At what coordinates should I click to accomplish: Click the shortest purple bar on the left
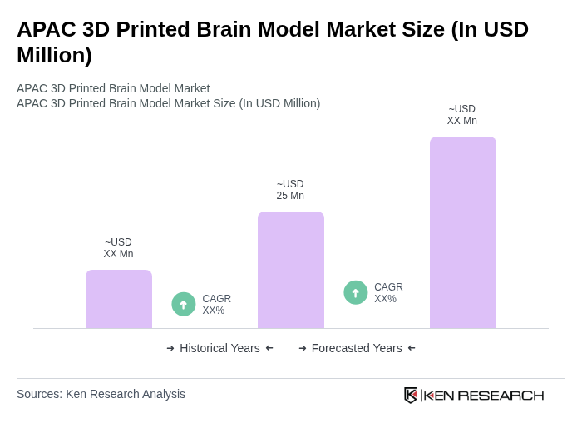tap(119, 299)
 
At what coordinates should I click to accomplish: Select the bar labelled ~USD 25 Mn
tap(291, 270)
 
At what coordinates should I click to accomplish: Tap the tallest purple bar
tap(463, 232)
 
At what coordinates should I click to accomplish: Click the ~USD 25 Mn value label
tap(290, 190)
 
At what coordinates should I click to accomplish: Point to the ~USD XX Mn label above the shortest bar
tap(118, 248)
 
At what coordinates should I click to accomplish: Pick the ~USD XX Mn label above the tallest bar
tap(462, 115)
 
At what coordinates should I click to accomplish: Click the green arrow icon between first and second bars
tap(184, 304)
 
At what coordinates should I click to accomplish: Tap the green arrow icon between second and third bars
tap(356, 292)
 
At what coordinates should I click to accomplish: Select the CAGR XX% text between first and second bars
tap(216, 305)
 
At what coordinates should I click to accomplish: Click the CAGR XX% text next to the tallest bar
tap(388, 293)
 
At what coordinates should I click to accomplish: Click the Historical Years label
tap(219, 348)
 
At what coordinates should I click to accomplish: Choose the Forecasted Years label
tap(357, 348)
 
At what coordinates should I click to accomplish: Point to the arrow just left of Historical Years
tap(170, 348)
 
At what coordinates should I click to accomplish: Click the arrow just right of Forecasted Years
tap(412, 348)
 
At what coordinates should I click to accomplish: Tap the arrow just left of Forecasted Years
tap(303, 348)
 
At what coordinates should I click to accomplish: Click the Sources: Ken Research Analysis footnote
tap(101, 394)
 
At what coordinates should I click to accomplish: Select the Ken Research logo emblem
tap(411, 395)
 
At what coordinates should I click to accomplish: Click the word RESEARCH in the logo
tap(501, 395)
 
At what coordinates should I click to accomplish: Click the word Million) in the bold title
tap(54, 55)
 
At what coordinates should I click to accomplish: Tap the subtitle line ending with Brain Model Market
tap(113, 88)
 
